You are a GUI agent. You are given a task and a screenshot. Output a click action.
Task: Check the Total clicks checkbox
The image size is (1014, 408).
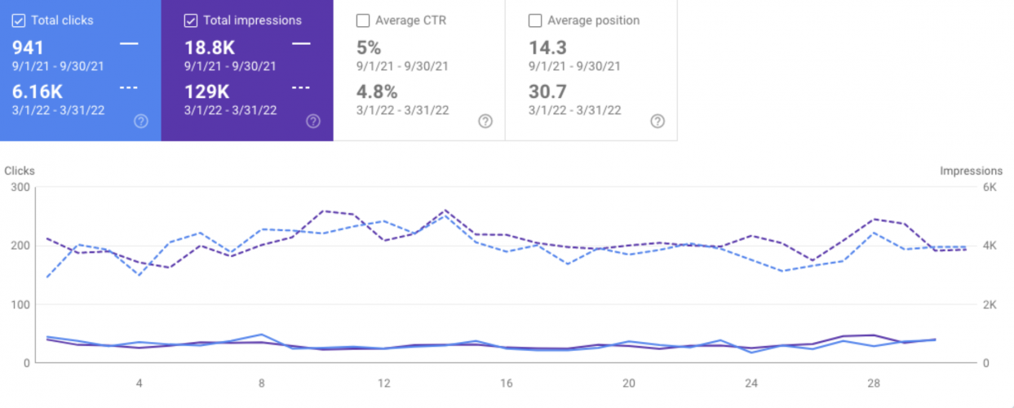pos(19,20)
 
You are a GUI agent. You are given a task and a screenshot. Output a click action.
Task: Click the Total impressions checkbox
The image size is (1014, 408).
pos(191,20)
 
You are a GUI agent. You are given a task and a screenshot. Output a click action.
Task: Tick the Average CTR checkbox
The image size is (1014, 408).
pos(363,20)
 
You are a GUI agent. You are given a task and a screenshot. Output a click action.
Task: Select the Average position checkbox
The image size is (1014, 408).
pos(535,20)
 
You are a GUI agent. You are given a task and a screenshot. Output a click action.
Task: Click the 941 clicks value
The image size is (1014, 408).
pos(29,48)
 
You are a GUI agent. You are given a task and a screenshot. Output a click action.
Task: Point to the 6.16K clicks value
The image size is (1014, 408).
pos(38,92)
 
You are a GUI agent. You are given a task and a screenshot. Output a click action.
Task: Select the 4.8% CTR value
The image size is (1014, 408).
pos(378,92)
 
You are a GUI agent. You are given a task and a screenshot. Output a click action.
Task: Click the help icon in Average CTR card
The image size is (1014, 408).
pos(485,122)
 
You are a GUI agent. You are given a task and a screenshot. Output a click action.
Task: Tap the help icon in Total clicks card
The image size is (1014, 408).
pos(141,122)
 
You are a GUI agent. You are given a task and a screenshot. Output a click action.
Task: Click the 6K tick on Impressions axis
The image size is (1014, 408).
pos(989,187)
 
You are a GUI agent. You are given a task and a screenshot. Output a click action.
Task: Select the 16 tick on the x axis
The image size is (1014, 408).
pos(506,383)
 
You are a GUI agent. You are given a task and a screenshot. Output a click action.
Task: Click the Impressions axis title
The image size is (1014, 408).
pos(971,171)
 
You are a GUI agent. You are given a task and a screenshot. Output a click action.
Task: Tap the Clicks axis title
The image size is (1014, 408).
pos(20,171)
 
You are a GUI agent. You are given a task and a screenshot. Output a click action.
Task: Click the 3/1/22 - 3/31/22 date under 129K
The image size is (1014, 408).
pos(231,110)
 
